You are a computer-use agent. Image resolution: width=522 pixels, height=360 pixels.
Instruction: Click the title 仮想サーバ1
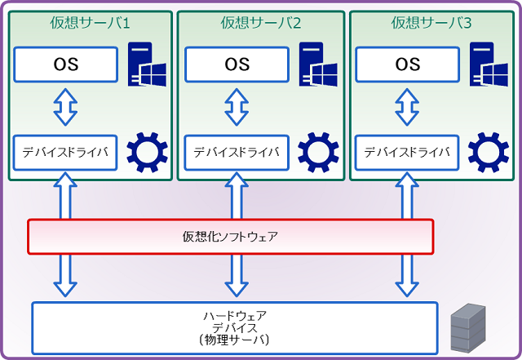pos(90,24)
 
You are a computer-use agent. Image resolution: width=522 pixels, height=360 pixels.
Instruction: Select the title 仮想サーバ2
pos(261,24)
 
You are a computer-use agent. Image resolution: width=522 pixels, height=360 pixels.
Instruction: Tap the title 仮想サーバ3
pos(432,24)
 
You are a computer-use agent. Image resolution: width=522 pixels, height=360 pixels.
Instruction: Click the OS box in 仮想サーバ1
pos(66,64)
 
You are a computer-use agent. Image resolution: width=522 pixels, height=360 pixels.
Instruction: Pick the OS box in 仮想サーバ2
pos(237,64)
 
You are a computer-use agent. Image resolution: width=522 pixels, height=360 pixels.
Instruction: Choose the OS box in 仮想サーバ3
pos(408,64)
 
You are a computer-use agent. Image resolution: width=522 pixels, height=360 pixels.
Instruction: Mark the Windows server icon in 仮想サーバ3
pos(488,64)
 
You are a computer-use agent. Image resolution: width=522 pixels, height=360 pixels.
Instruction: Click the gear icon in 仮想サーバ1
pos(147,152)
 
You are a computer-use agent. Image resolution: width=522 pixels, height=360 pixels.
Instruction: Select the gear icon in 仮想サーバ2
pos(318,152)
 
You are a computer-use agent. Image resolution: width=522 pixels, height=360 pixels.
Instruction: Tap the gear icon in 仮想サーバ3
pos(488,152)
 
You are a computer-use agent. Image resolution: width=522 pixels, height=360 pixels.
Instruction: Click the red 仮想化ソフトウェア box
pos(230,237)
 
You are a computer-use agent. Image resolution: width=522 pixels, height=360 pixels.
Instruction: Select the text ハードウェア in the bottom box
pos(234,315)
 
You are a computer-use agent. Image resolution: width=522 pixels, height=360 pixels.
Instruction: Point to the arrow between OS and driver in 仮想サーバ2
pos(237,107)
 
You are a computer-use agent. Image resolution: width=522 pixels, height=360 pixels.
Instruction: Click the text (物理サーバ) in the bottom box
pos(234,339)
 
